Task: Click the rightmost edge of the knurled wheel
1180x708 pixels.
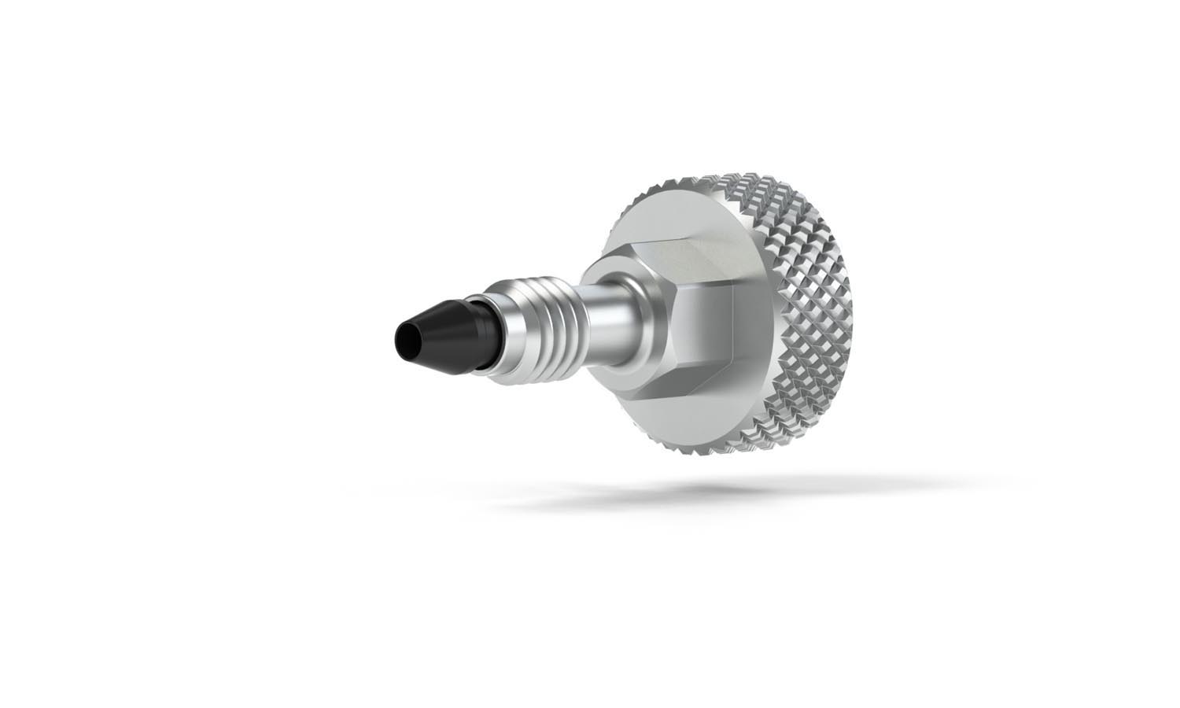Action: click(858, 315)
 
